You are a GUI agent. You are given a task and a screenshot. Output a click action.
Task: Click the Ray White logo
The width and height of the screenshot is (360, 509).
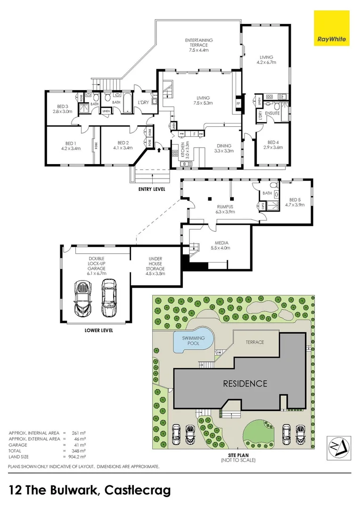tap(331, 28)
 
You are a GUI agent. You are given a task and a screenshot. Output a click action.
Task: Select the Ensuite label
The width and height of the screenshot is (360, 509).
tap(273, 113)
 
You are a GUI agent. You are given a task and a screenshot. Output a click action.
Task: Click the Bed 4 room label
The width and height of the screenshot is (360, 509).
tap(273, 145)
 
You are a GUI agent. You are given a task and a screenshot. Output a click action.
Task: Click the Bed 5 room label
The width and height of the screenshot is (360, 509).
tap(295, 202)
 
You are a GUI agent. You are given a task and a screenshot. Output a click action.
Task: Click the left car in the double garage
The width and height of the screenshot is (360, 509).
tap(83, 298)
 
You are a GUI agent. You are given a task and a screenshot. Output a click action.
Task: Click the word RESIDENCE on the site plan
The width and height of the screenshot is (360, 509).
tap(245, 383)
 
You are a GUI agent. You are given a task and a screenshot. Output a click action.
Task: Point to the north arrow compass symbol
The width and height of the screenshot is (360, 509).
tap(339, 443)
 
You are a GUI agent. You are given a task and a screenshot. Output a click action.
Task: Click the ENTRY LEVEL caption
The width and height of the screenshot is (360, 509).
tap(151, 189)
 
